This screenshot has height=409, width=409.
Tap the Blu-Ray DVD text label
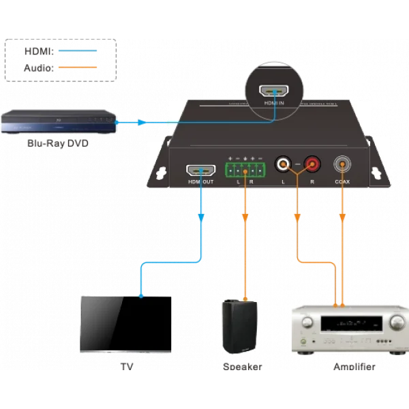(x=58, y=143)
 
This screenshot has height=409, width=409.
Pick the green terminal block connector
(x=244, y=168)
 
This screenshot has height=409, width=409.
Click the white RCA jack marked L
(x=282, y=164)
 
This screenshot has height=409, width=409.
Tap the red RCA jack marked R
(x=312, y=164)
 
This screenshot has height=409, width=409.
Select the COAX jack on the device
(x=342, y=164)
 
